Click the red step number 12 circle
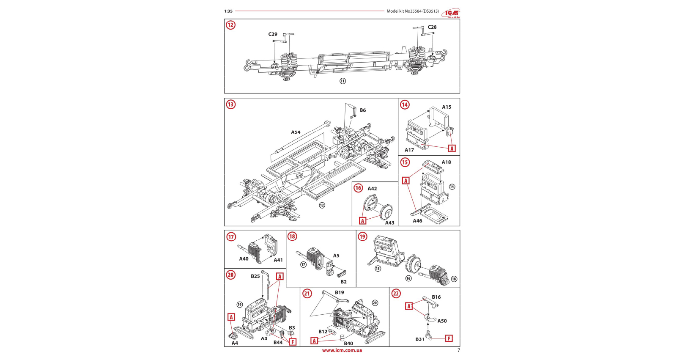coord(230,25)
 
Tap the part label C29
coord(273,34)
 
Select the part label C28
coord(432,27)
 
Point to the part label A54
coord(296,132)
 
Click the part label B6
coord(363,110)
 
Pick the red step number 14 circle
coord(405,104)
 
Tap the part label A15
coord(447,107)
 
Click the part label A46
coord(417,221)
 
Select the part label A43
coord(389,223)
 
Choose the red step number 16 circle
coord(358,188)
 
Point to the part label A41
coord(278,260)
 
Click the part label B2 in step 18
coord(343,282)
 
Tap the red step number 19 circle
coord(362,236)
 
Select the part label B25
coord(255,276)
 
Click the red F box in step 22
coord(449,338)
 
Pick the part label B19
coord(340,292)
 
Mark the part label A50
coord(442,321)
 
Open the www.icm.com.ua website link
coord(342,350)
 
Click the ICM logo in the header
coord(451,13)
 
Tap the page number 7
coord(458,350)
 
